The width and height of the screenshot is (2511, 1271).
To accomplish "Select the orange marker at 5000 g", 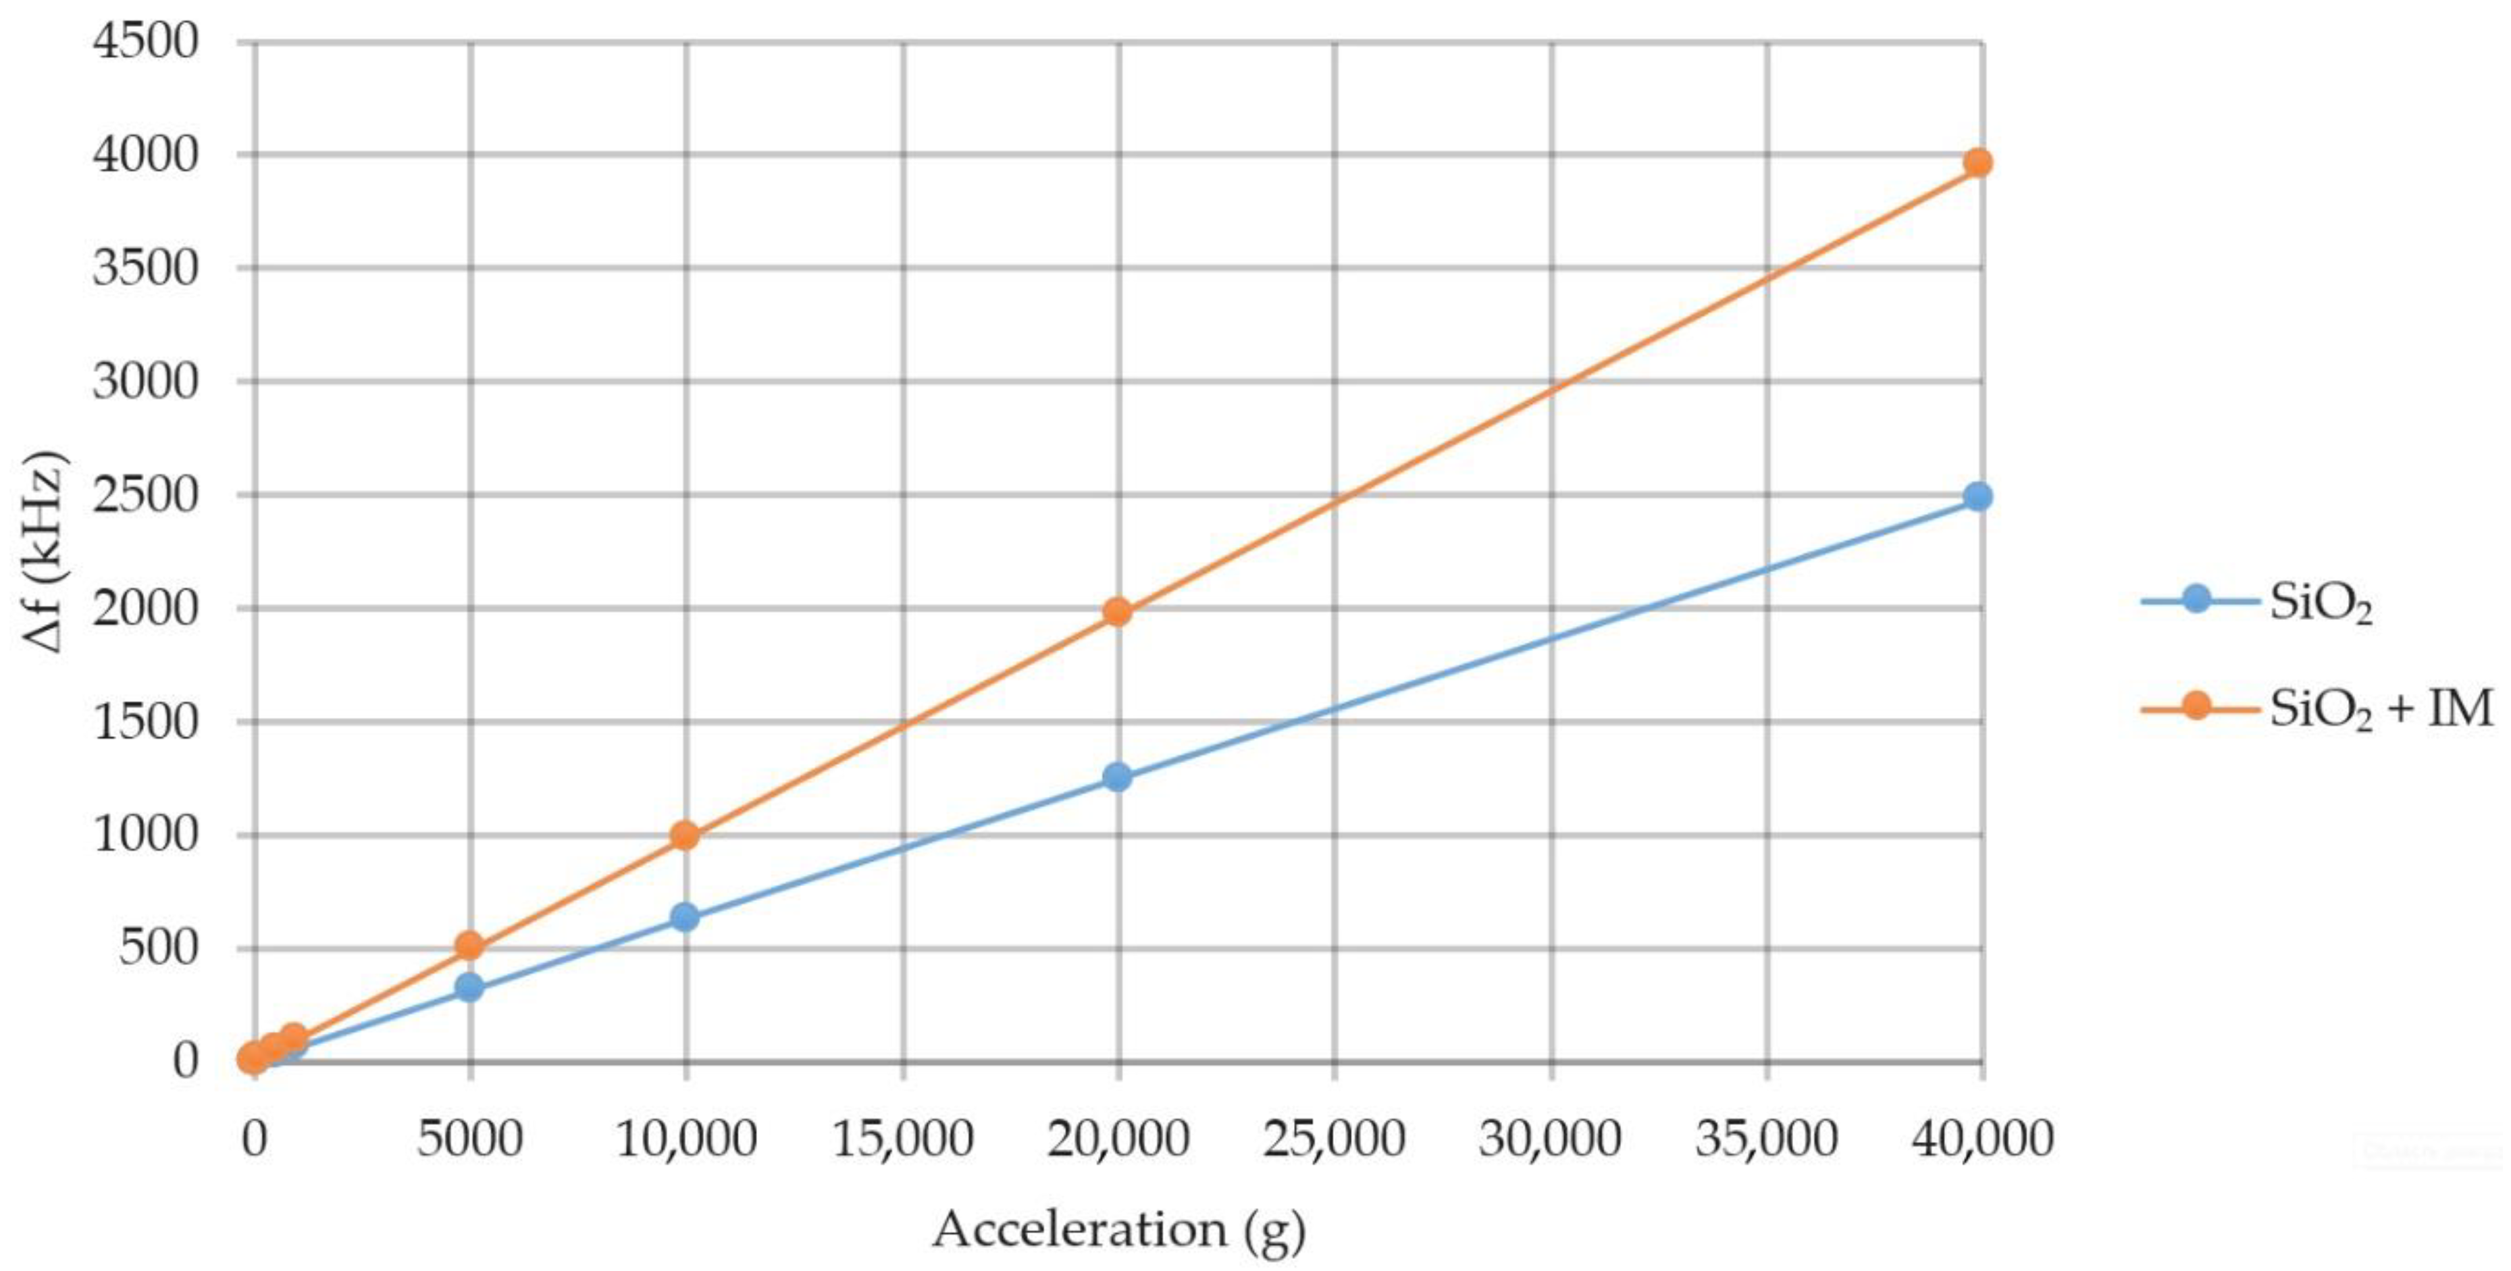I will (x=470, y=945).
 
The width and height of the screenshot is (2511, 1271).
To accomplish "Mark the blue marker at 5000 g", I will (x=470, y=987).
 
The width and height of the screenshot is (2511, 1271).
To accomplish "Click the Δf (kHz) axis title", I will (x=43, y=552).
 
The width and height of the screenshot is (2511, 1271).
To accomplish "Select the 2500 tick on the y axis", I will (x=145, y=495).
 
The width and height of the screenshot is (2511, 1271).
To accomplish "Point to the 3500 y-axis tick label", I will (x=145, y=268).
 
